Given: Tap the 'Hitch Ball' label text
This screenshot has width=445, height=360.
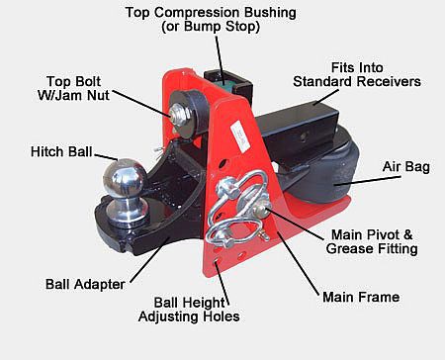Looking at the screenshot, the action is coord(61,152).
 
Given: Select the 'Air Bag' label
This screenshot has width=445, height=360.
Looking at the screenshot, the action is coord(406,167).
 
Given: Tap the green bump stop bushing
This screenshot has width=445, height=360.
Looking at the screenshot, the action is coord(226,85).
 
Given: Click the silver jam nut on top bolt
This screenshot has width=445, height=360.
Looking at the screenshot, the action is coord(179,114).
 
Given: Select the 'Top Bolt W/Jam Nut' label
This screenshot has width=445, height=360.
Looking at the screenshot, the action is coord(73,88).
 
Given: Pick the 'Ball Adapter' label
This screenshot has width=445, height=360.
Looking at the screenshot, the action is coord(85,284).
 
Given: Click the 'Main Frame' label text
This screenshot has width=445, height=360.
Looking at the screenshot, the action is coord(361,297).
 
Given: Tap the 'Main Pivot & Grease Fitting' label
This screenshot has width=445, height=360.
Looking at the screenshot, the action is coord(372,241).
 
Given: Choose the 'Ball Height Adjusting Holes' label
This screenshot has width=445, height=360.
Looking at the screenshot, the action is coord(189,310).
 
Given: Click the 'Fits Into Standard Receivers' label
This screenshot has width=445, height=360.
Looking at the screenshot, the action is coord(357,75).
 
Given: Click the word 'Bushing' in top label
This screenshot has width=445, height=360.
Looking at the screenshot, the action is coord(270,13).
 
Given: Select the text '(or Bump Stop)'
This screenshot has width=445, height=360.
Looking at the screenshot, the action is coord(211,27).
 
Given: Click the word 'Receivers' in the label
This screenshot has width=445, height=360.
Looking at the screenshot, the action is coord(390,82).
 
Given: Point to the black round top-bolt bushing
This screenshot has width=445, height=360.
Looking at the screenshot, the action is coord(191,112).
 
